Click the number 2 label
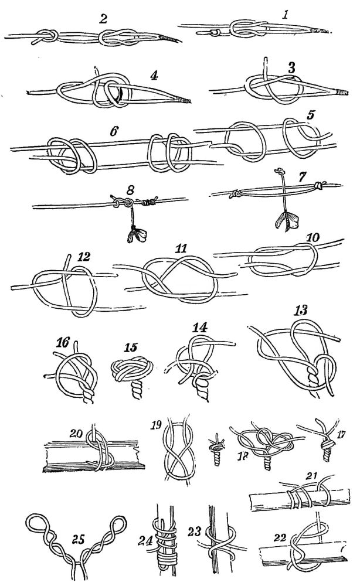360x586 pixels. click(103, 19)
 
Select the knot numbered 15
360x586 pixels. click(132, 371)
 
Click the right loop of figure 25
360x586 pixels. click(118, 524)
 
